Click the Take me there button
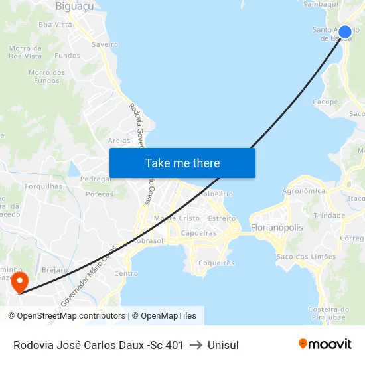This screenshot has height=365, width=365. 183,163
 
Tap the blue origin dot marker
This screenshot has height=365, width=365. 345,31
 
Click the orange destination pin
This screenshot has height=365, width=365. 19,281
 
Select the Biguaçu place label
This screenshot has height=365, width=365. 74,6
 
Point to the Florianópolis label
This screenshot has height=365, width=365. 277,228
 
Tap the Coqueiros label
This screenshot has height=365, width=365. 216,263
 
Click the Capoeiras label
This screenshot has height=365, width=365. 199,233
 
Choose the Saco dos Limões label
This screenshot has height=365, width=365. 306,257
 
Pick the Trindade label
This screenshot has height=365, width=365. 329,216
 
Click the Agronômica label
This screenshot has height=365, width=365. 304,191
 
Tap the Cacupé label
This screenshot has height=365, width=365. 325,102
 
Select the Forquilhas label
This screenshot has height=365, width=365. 43,186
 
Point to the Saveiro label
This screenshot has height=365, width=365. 106,44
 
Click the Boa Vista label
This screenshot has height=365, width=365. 55,25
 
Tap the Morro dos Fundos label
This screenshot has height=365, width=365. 46,76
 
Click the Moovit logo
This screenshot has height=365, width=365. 325,344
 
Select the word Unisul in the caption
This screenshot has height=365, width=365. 223,345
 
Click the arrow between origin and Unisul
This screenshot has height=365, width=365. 196,345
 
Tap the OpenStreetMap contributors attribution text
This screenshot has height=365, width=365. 66,316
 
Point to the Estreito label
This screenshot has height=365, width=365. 222,218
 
